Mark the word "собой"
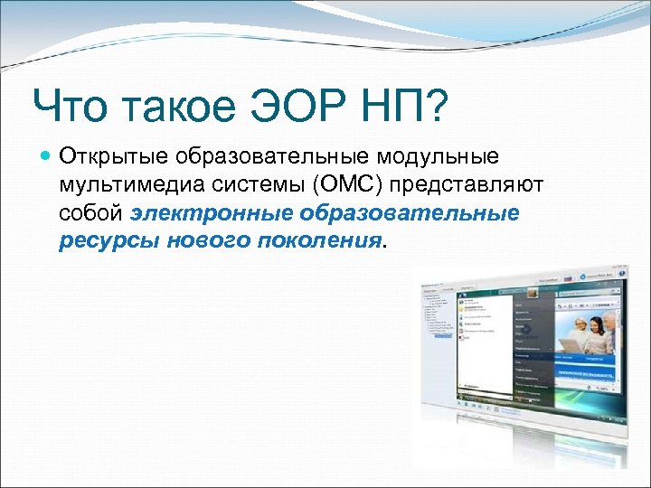92,213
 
